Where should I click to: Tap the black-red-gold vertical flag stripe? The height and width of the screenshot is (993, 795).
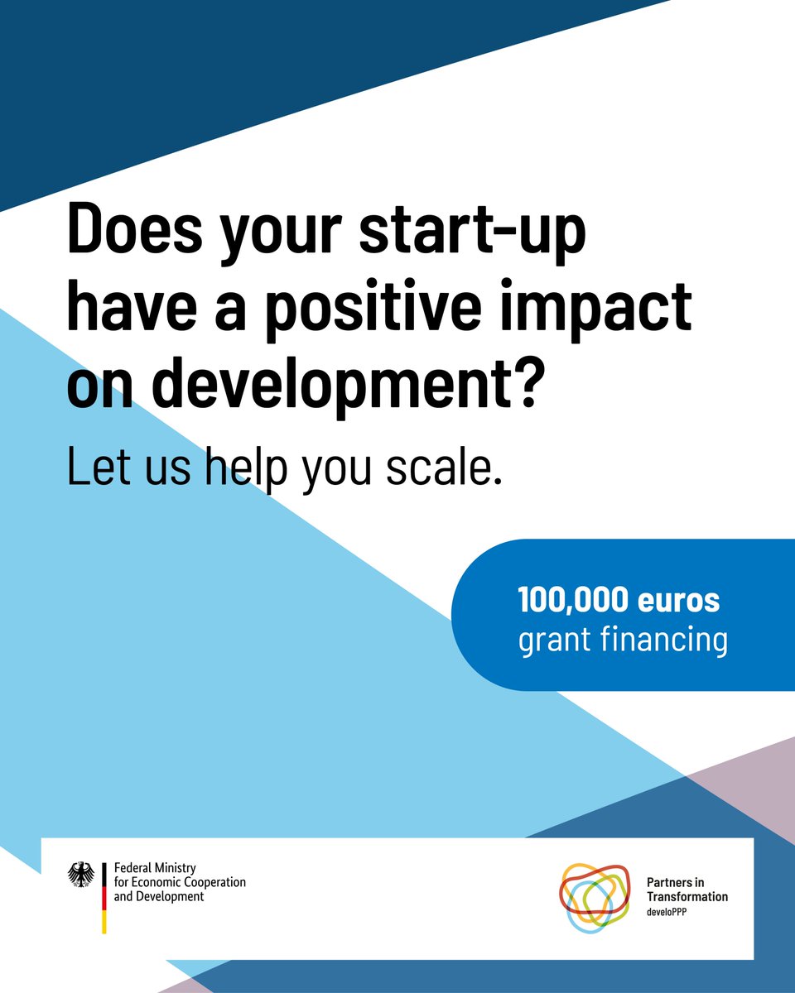[x=104, y=898]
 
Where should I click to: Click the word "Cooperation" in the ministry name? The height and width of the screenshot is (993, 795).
[x=210, y=882]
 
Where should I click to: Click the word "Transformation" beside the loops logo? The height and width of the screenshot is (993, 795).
[x=687, y=897]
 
